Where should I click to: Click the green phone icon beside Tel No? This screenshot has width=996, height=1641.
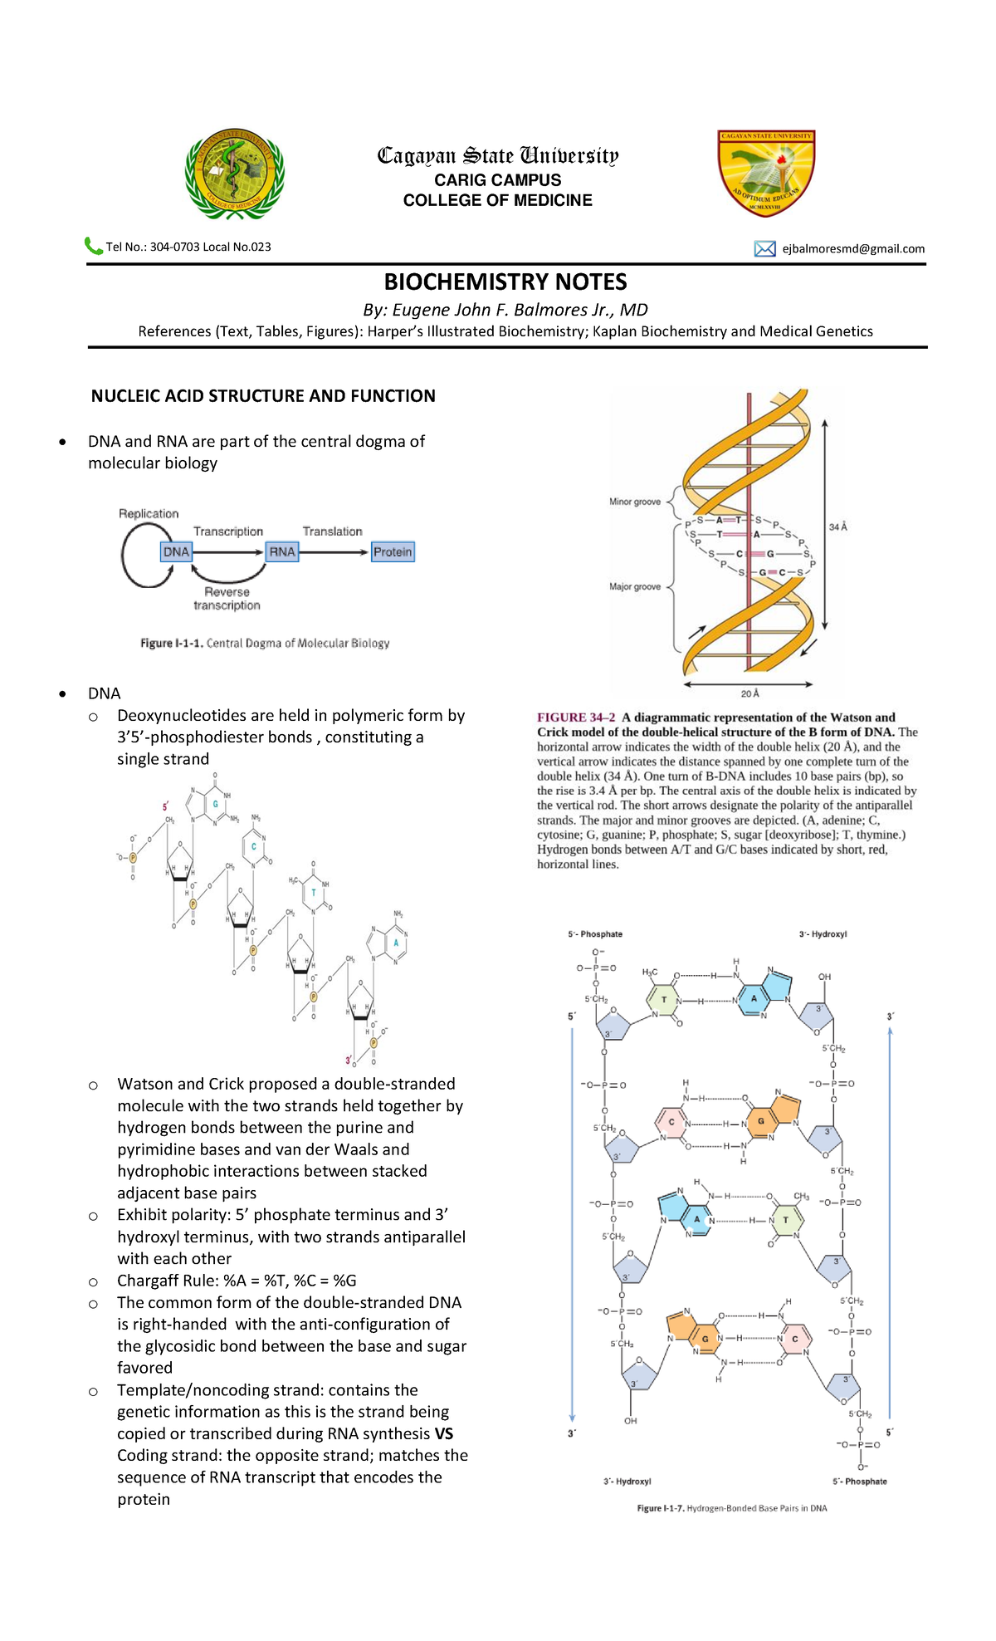pos(93,246)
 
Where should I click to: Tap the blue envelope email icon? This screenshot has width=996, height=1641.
pos(764,248)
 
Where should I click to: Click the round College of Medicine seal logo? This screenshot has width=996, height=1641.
pos(234,175)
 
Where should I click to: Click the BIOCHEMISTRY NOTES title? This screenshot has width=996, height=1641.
pos(505,282)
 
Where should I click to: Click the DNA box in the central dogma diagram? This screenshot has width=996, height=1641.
pos(176,551)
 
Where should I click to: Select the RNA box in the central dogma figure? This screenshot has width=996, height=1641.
pos(282,551)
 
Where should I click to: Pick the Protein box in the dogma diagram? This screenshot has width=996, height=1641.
pos(393,551)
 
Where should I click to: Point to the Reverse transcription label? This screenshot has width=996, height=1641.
pos(227,598)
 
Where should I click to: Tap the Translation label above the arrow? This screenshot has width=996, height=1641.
pos(332,531)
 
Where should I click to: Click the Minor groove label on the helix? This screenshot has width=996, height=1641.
pos(635,502)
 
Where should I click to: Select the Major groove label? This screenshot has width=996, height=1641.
pos(635,586)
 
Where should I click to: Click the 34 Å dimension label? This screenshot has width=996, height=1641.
pos(838,527)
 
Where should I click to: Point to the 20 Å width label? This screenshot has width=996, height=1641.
pos(749,693)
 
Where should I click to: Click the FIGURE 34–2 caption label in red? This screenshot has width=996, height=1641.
pos(576,718)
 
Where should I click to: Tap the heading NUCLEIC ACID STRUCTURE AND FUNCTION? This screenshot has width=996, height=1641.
pos(263,396)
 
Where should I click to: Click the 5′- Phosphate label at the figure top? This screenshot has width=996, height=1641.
pos(595,934)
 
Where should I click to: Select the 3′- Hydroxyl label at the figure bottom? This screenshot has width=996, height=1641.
pos(627,1482)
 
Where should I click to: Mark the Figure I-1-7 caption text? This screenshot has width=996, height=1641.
pos(731,1508)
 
